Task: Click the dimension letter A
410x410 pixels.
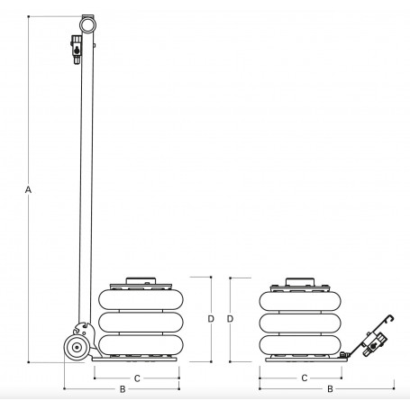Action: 28,190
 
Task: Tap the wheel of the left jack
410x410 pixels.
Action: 77,347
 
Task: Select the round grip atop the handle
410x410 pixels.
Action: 87,25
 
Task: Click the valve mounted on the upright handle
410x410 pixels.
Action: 77,50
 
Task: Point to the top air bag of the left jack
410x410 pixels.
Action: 141,300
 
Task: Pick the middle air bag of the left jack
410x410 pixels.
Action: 141,323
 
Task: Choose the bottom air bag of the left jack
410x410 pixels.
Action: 141,345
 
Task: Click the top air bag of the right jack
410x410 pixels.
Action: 300,301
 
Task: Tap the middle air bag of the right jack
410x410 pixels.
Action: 300,323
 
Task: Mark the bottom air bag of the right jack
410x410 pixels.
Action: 300,345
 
